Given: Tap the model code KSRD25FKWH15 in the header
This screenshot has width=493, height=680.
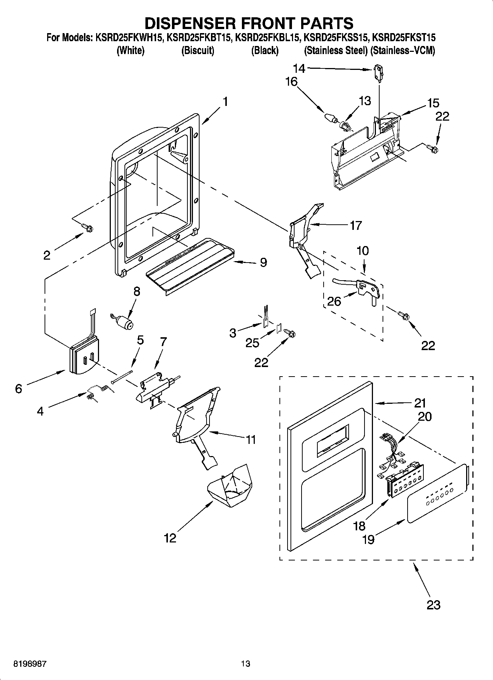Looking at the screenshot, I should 129,38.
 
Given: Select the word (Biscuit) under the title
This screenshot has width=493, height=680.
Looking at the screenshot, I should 198,50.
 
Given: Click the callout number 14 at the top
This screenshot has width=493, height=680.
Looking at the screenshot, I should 299,68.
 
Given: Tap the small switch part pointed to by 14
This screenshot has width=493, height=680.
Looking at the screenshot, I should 378,71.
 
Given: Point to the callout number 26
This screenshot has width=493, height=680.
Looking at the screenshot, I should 335,301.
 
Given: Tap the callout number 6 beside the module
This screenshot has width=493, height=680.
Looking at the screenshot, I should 19,388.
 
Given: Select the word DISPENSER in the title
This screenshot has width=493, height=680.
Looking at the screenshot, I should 184,23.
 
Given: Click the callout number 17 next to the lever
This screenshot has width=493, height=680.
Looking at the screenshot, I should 356,225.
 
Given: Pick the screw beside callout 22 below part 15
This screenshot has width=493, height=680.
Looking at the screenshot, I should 432,148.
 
